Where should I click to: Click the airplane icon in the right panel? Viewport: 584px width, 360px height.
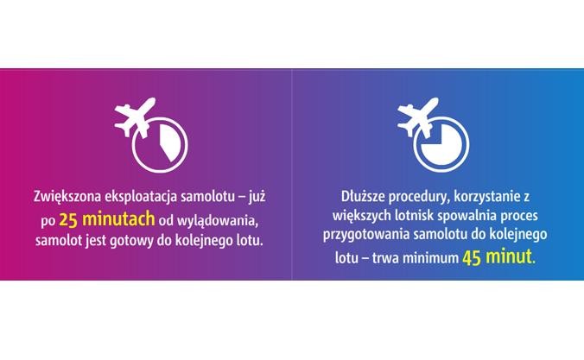416,119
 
